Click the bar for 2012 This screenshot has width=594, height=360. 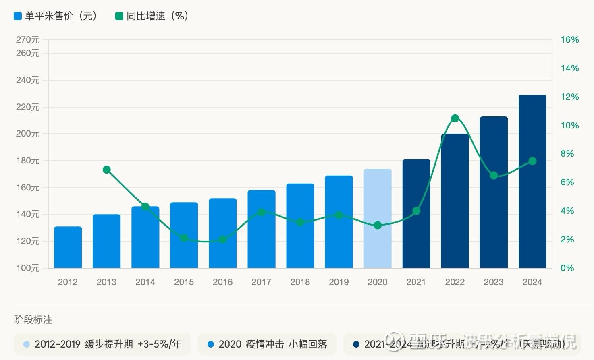pyautogui.click(x=68, y=247)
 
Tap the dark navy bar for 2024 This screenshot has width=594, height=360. pyautogui.click(x=532, y=181)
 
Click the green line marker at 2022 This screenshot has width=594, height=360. pyautogui.click(x=455, y=118)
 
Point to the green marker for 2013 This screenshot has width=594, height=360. pyautogui.click(x=107, y=170)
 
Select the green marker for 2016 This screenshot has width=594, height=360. pyautogui.click(x=223, y=240)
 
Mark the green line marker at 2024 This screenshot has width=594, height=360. pyautogui.click(x=532, y=161)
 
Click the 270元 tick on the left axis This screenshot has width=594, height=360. pyautogui.click(x=28, y=40)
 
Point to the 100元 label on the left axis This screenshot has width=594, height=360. pyautogui.click(x=28, y=268)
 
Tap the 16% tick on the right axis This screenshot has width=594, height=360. pyautogui.click(x=569, y=40)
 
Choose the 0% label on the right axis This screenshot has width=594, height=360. pyautogui.click(x=567, y=268)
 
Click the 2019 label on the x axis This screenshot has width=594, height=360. pyautogui.click(x=339, y=282)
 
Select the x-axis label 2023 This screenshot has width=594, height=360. pyautogui.click(x=494, y=282)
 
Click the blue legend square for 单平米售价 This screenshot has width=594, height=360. pyautogui.click(x=17, y=16)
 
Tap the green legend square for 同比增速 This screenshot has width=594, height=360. pyautogui.click(x=119, y=16)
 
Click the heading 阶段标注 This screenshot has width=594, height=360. pyautogui.click(x=33, y=320)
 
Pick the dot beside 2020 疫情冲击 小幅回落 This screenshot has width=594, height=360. pyautogui.click(x=210, y=344)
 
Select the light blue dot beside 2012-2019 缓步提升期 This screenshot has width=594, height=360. pyautogui.click(x=27, y=344)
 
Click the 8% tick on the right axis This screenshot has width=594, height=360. pyautogui.click(x=567, y=154)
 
